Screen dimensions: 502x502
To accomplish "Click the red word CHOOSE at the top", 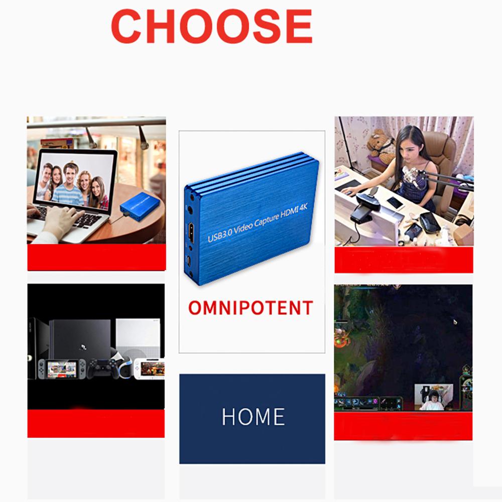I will pos(211,26).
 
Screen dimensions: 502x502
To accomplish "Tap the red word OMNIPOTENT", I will pos(250,307).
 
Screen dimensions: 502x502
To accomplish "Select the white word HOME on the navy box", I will pos(253,417).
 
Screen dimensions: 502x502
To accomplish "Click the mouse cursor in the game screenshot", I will pos(455,322).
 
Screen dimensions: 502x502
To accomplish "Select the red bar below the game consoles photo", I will pos(96,423).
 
